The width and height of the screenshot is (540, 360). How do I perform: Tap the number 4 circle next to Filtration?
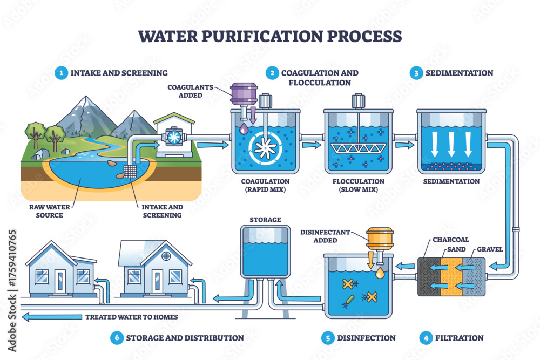[x=427, y=338]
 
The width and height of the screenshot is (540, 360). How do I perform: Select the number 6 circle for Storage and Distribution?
[x=116, y=338]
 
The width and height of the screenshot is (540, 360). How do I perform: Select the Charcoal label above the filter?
[x=447, y=240]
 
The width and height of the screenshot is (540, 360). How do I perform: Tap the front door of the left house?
[x=59, y=281]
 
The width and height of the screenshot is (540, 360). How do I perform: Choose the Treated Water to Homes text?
[x=131, y=317]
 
